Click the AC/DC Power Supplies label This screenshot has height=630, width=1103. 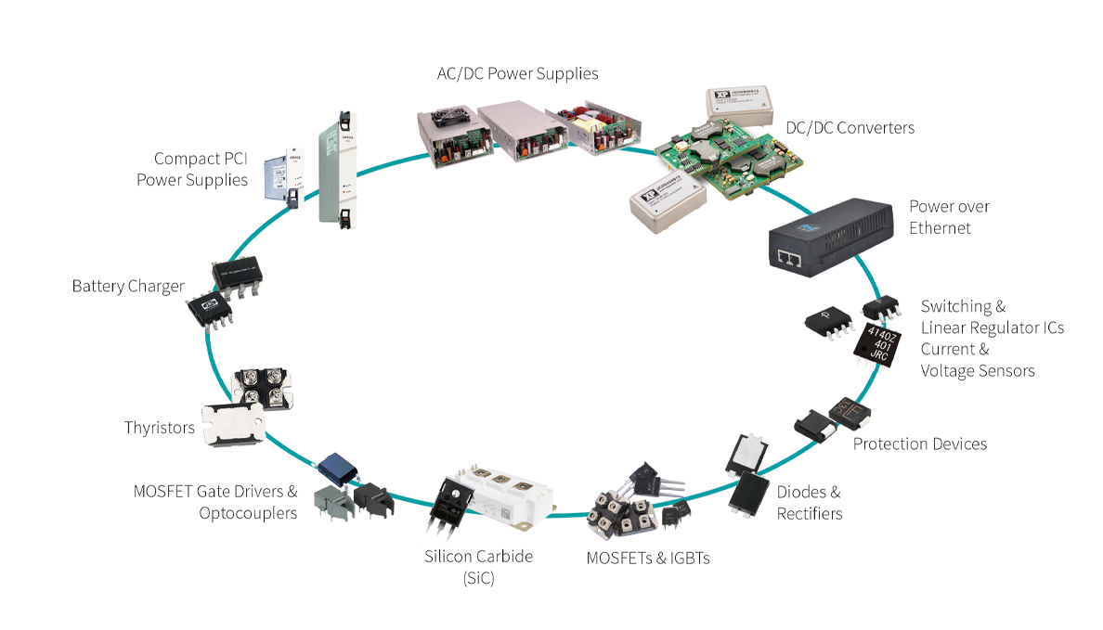point(517,73)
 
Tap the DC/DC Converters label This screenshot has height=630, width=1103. point(850,128)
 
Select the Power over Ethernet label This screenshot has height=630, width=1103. point(949,217)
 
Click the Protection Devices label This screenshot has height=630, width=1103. point(919,444)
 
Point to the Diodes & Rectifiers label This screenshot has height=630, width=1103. point(809,503)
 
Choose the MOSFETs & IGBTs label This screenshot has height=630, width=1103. point(648,558)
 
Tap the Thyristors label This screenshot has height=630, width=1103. point(160,428)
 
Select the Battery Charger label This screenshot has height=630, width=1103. point(128,286)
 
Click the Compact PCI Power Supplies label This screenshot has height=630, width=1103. point(192,169)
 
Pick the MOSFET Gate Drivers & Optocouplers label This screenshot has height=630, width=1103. point(215,502)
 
